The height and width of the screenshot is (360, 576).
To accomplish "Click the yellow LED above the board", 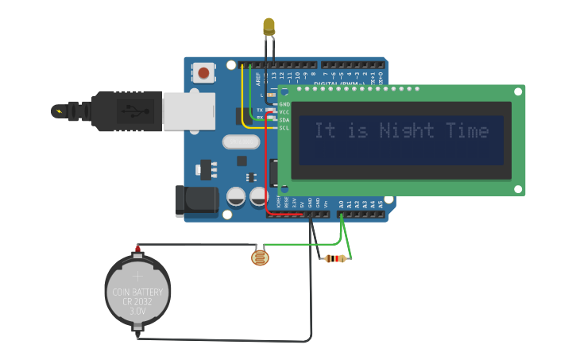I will [269, 26].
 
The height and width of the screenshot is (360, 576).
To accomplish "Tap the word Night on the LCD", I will [407, 130].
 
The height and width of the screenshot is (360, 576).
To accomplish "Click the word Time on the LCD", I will [467, 130].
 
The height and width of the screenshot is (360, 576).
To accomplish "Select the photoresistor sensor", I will [259, 257].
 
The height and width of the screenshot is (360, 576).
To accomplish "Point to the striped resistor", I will [335, 258].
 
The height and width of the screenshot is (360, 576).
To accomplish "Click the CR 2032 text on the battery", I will [137, 302].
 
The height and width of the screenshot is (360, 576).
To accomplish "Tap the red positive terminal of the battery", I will [137, 249].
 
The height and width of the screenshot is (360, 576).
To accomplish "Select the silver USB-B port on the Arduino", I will [189, 110].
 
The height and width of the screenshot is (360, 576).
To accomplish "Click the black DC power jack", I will [196, 201].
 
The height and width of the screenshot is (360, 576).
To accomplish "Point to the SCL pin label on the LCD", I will [284, 128].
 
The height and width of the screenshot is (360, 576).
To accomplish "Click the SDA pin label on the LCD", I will [284, 120].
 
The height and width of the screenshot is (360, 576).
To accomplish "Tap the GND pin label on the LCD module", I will [284, 104].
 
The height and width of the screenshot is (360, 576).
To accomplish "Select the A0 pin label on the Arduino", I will [341, 204].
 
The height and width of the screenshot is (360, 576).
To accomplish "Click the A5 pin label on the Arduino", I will [380, 204].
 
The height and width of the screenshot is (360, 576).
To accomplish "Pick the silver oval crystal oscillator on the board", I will [241, 142].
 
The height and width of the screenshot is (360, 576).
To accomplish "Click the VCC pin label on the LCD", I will [284, 112].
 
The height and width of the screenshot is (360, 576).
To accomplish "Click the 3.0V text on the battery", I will [137, 312].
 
